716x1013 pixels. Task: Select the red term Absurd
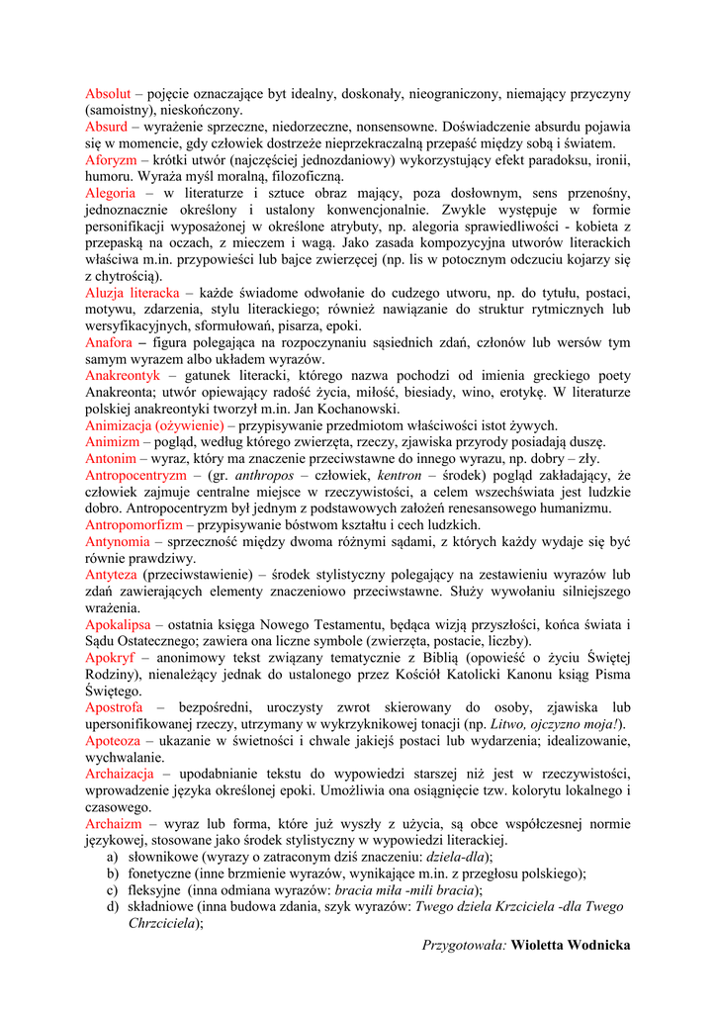(x=106, y=128)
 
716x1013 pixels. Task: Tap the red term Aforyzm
(x=111, y=160)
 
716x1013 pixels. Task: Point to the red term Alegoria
(x=111, y=194)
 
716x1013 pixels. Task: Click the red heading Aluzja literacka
(x=133, y=294)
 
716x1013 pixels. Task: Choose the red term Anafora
(x=110, y=343)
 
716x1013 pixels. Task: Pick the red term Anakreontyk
(x=122, y=377)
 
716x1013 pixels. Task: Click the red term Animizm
(x=112, y=443)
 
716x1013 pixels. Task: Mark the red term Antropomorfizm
(x=134, y=525)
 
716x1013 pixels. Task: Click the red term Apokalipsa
(x=118, y=625)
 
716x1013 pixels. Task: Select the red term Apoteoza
(x=112, y=741)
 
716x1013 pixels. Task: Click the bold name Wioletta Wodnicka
(x=571, y=946)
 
